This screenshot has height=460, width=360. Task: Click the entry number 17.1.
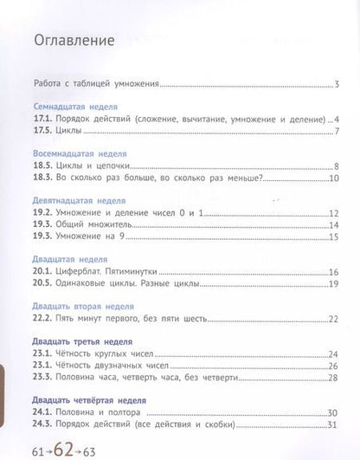tap(42, 119)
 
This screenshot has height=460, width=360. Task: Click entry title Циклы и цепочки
tap(92, 166)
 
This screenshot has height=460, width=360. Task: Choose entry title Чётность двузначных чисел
tap(111, 366)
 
